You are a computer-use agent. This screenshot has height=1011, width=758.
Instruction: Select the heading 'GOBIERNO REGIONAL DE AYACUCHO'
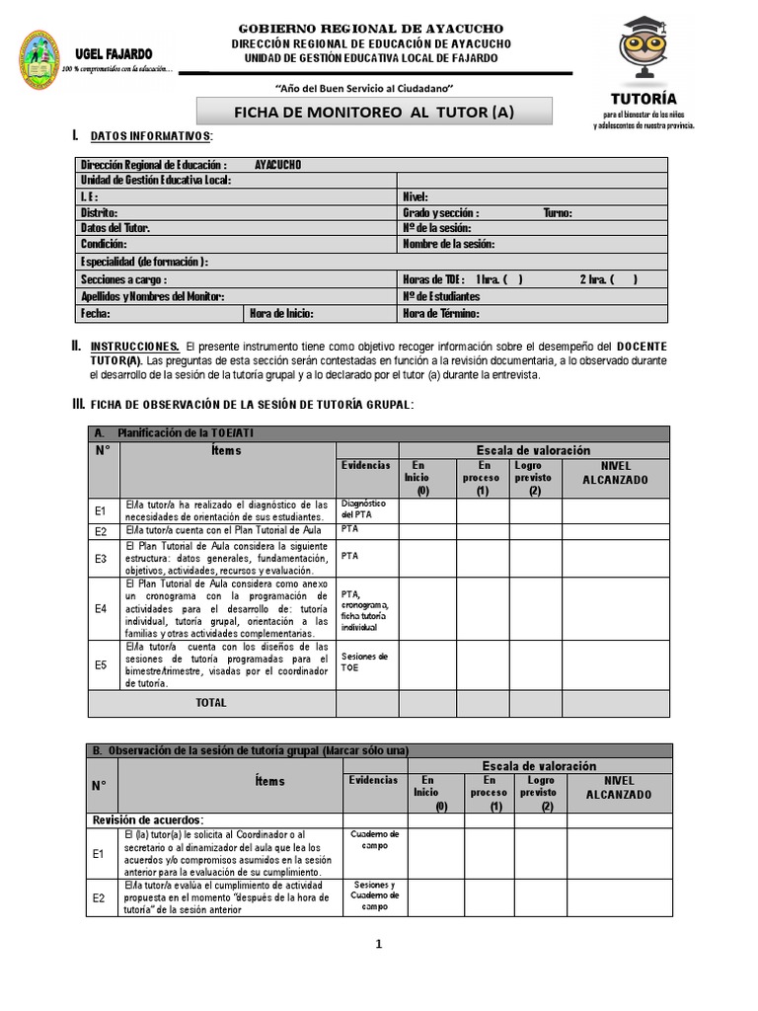pos(371,29)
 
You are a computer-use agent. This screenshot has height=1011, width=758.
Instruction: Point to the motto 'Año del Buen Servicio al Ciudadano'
pos(371,87)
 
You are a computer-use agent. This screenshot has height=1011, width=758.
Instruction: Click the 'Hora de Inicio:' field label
pos(282,314)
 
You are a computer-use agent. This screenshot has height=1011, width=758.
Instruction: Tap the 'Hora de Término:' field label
pos(440,314)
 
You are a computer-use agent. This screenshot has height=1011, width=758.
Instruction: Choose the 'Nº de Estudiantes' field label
pos(441,296)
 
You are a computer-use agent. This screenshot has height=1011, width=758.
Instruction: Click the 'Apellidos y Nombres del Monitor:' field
pos(152,296)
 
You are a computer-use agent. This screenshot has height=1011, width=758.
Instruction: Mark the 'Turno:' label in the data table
pos(557,212)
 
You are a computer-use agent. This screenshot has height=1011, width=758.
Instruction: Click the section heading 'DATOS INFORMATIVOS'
pos(150,135)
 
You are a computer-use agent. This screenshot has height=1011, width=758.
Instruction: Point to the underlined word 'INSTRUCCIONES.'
pos(135,347)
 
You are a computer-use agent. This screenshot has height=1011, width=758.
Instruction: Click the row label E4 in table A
pos(101,608)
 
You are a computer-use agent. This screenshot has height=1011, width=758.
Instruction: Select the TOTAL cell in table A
pos(211,703)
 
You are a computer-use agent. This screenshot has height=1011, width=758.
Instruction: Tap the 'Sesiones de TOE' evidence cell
pos(364,661)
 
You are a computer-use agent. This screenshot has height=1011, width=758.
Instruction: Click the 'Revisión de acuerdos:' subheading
pos(147,819)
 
